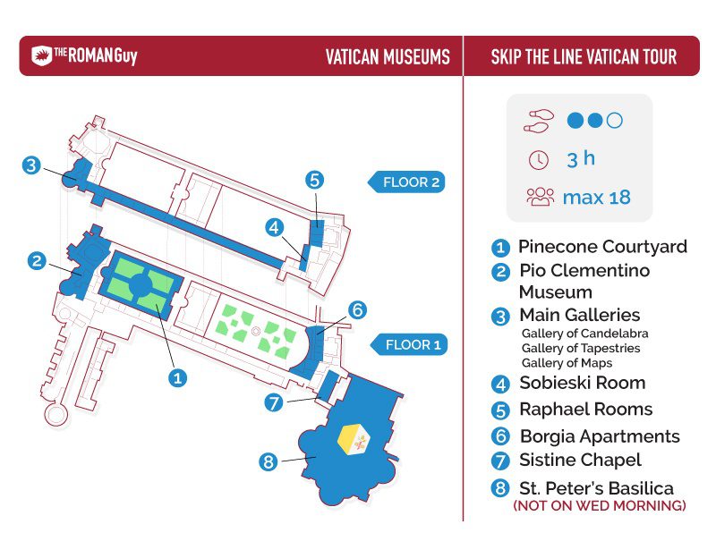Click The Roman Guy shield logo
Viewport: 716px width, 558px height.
point(41,55)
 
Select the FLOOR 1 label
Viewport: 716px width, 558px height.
point(409,344)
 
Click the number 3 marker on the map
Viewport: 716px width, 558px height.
point(31,165)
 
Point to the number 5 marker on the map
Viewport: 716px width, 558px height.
point(315,180)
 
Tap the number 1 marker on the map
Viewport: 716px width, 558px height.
point(177,377)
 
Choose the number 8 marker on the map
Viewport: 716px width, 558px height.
point(268,461)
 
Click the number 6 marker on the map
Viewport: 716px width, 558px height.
point(357,309)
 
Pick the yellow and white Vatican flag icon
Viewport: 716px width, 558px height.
point(354,439)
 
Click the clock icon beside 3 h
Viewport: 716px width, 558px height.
point(539,160)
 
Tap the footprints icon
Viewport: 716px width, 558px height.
point(539,121)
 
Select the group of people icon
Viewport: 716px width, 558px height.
point(541,197)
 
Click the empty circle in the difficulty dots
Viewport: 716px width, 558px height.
point(615,121)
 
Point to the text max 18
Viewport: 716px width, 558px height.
point(597,198)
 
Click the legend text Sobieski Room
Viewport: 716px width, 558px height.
point(583,383)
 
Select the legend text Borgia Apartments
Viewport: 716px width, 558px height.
point(600,436)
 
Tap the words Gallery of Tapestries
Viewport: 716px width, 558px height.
point(581,348)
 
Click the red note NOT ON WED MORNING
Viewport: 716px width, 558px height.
point(600,505)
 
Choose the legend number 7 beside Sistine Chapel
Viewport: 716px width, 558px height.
point(500,461)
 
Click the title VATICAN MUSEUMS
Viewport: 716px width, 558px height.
point(388,56)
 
